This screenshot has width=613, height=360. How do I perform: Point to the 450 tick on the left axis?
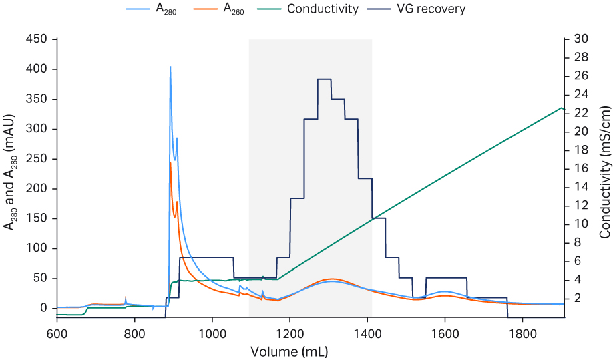pos(38,39)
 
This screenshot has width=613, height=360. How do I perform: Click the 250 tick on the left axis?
pos(38,159)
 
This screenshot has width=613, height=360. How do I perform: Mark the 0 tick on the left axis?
pos(43,309)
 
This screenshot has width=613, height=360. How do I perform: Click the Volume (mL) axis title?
pos(289,351)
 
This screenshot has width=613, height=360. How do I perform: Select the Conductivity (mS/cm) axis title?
pos(604,172)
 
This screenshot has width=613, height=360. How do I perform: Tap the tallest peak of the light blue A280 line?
pos(170,67)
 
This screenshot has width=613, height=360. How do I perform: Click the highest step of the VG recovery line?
pos(325,79)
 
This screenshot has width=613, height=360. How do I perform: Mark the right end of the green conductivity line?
pos(564,108)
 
